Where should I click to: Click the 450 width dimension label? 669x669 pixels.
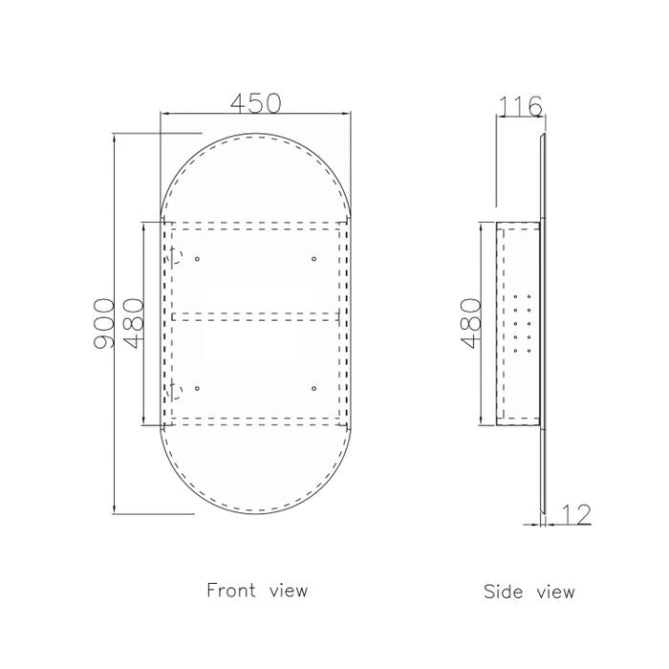point(255,103)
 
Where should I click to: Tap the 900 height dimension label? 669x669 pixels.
point(104,323)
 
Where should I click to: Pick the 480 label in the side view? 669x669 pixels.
point(471,323)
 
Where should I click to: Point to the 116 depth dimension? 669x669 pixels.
point(520,106)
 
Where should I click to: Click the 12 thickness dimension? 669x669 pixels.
point(576,514)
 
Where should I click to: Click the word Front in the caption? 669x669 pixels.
point(231,591)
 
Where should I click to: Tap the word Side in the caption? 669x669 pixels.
point(504,592)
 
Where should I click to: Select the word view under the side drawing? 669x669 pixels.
point(555,593)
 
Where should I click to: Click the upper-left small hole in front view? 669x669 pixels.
point(197,259)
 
